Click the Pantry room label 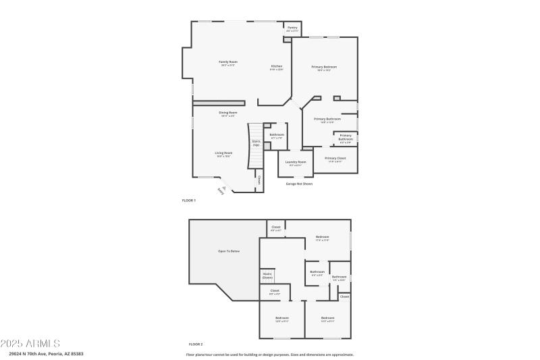click(x=292, y=28)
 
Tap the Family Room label click(x=228, y=62)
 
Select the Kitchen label click(x=277, y=67)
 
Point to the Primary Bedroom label click(x=324, y=67)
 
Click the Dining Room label click(x=227, y=113)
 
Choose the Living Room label click(x=223, y=153)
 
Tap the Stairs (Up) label click(x=256, y=143)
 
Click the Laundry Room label click(x=296, y=162)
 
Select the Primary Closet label click(x=335, y=159)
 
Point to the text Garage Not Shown click(x=299, y=184)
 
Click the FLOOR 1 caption click(x=188, y=201)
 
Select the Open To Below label click(x=228, y=251)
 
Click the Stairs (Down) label click(x=267, y=276)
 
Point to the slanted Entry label click(x=221, y=191)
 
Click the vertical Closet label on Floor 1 click(x=259, y=180)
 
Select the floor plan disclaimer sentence click(x=269, y=354)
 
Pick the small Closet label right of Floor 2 click(x=344, y=297)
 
